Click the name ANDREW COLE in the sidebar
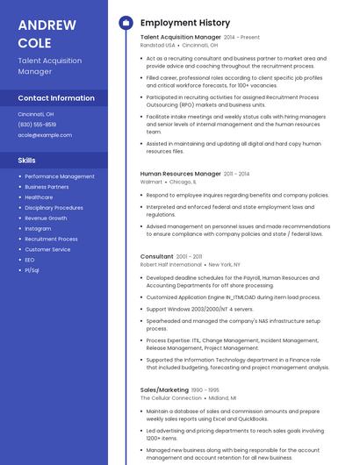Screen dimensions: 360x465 [x=35, y=33]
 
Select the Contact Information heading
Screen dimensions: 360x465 [x=56, y=98]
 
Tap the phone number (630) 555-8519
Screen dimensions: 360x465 [x=38, y=125]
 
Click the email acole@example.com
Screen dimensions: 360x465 [x=45, y=135]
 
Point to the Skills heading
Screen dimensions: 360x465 [x=27, y=161]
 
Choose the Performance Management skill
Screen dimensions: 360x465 [x=60, y=176]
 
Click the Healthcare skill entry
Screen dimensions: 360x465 [x=39, y=197]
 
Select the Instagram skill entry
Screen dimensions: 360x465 [x=38, y=228]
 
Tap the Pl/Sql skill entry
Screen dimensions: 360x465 [x=32, y=270]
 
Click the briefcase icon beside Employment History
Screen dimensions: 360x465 [x=125, y=22]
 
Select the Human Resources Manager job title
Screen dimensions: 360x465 [x=181, y=174]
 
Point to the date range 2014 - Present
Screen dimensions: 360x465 [x=241, y=38]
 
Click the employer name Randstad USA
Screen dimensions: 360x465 [x=158, y=45]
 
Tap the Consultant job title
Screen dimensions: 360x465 [x=157, y=256]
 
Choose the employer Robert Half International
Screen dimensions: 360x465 [x=171, y=264]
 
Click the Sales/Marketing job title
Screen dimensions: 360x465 [x=164, y=389]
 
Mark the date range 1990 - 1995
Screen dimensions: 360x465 [x=206, y=390]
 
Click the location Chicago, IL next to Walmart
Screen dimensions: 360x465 [x=184, y=182]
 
